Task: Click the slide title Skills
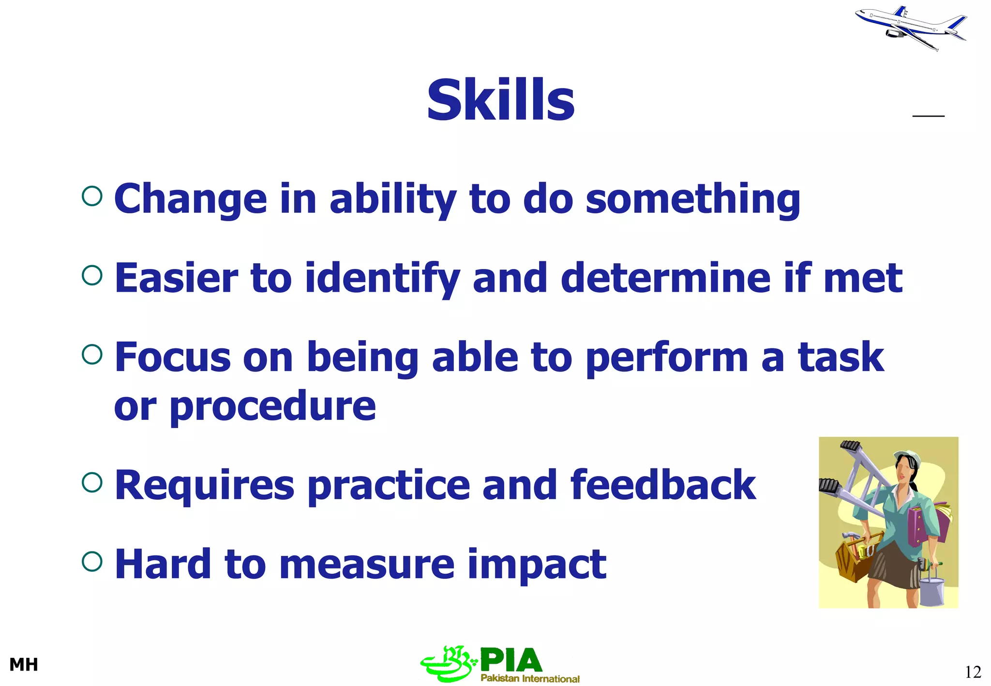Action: click(500, 100)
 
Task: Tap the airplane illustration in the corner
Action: click(910, 28)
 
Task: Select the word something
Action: click(693, 199)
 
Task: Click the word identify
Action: click(382, 278)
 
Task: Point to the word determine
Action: click(665, 278)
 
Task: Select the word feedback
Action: click(663, 485)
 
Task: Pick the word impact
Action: click(537, 564)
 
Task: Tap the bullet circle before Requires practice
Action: click(92, 482)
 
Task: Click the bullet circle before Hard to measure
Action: click(92, 561)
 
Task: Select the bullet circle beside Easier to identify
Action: click(92, 275)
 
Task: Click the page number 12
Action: click(973, 672)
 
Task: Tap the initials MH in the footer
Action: click(23, 665)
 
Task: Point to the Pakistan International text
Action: click(530, 678)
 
